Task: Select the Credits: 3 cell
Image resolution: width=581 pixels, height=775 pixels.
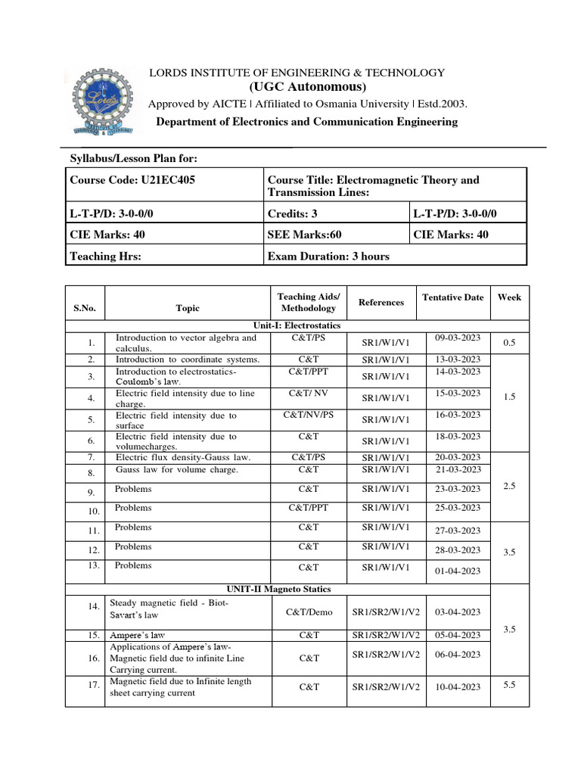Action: point(294,213)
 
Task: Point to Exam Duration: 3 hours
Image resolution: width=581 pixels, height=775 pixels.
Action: point(328,256)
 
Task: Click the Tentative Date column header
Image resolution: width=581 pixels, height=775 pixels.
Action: point(452,297)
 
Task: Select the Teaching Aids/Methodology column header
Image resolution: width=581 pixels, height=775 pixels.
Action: point(309,303)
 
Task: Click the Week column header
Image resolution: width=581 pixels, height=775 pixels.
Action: point(509,297)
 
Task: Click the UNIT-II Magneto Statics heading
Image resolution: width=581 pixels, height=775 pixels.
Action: point(278,589)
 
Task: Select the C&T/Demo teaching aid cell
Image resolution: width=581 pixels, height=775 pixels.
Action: point(309,612)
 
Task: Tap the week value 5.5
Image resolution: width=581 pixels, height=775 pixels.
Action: point(509,684)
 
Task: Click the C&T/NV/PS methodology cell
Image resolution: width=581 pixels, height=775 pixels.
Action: point(309,416)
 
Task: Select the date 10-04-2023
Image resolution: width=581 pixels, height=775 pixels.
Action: point(458,687)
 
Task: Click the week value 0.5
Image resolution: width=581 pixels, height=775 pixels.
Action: point(509,343)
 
